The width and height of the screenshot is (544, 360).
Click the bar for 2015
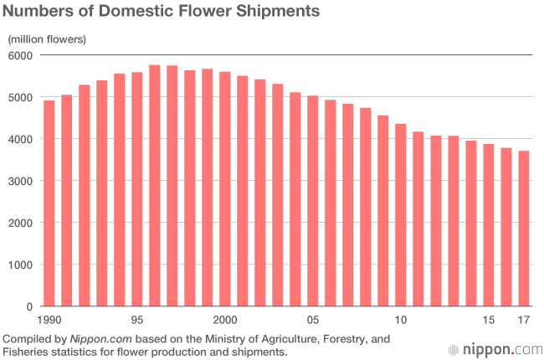click(x=489, y=225)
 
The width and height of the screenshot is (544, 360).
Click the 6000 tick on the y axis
click(x=19, y=56)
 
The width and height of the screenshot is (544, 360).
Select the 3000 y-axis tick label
click(x=19, y=182)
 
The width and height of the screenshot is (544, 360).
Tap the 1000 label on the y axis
click(x=19, y=265)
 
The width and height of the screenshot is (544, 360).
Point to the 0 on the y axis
click(x=28, y=307)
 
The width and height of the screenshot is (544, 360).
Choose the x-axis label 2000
click(x=224, y=321)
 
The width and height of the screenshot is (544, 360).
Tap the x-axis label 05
click(x=313, y=321)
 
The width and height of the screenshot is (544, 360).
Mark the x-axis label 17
click(x=524, y=321)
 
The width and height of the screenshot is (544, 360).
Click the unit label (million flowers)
click(x=47, y=39)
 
